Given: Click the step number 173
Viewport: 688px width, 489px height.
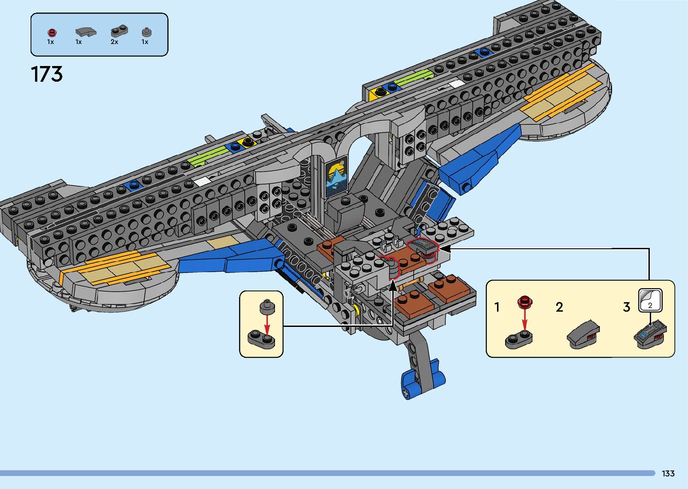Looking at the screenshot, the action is coord(47,74).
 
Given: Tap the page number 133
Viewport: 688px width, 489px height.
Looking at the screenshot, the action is coord(668,473).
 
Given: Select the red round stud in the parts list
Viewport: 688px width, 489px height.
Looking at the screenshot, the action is coord(52,33).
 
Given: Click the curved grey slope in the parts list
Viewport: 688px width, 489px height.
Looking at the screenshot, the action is coord(85,32).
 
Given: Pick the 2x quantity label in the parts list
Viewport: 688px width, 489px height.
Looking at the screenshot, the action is coord(114,42).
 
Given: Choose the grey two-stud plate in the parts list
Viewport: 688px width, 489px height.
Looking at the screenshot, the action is coord(119,31).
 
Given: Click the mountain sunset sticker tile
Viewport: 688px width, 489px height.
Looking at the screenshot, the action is coord(336,176).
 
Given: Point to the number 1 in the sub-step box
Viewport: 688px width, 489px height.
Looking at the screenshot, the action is coord(497,307).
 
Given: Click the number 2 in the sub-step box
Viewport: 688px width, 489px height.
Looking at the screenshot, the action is coord(559,307).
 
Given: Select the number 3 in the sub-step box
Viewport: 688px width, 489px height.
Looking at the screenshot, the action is coord(626,307).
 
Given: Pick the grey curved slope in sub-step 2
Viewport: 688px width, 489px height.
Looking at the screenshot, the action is coord(583,335).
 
